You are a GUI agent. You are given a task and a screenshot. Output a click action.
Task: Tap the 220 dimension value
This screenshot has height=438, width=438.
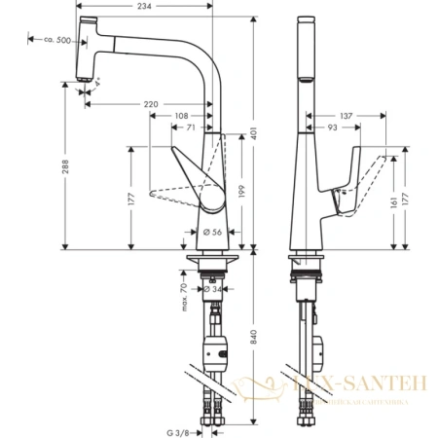[152, 101]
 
